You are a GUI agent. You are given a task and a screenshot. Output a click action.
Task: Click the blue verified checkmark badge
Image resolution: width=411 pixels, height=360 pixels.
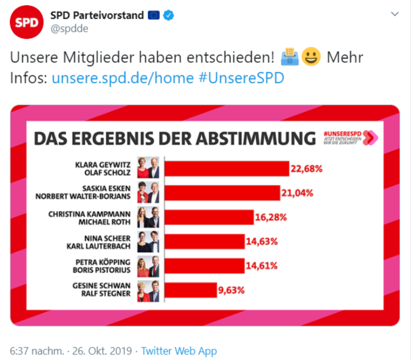169,15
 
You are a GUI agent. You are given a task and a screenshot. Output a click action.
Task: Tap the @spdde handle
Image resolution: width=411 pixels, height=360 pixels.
69,29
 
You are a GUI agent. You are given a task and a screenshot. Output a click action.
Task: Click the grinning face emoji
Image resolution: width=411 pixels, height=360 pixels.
310,58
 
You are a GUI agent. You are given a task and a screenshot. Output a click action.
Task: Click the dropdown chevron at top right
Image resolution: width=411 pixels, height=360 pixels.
395,14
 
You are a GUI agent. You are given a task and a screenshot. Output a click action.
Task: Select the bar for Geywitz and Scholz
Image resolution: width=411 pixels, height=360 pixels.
226,168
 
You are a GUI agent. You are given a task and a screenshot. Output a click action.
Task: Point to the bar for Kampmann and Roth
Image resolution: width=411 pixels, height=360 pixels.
208,217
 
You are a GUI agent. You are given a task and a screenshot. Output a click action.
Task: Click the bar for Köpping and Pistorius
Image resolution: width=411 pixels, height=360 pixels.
204,266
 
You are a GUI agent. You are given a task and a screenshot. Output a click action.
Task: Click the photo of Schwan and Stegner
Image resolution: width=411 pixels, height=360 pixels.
149,291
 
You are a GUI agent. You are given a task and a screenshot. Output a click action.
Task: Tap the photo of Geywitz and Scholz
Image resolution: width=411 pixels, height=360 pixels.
149,168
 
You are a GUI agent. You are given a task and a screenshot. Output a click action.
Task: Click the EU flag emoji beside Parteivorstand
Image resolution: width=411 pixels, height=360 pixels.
154,15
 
